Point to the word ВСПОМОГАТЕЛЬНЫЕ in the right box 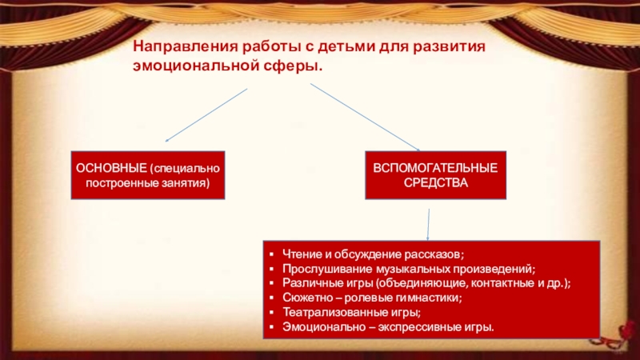(x=436, y=169)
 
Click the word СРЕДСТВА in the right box (x=436, y=183)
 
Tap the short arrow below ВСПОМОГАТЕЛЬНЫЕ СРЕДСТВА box (x=430, y=222)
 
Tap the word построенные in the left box (x=120, y=183)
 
